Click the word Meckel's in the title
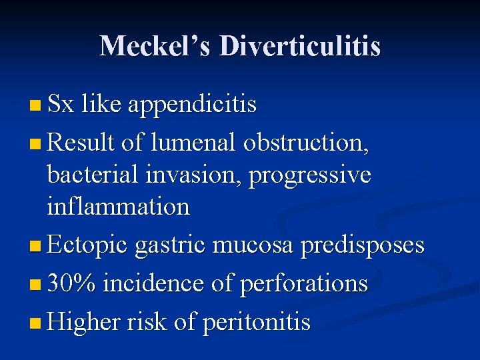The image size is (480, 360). tap(155, 46)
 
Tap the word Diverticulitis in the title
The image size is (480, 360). tap(300, 46)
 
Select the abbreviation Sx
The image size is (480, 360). tap(61, 105)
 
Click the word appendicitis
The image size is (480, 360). tap(192, 105)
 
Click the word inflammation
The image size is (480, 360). tap(118, 207)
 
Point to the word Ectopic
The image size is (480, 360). tap(89, 246)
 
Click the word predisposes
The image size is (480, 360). tap(363, 246)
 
